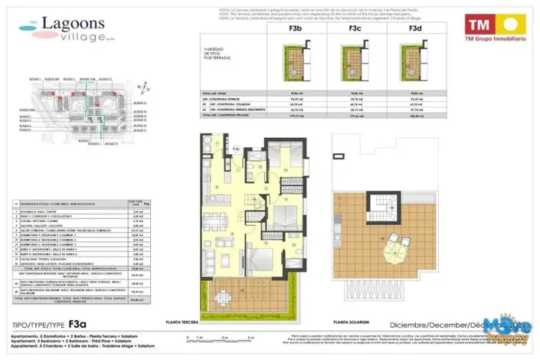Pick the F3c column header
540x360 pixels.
tap(355, 28)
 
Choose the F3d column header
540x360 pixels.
tap(416, 28)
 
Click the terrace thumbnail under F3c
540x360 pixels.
tap(355, 60)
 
